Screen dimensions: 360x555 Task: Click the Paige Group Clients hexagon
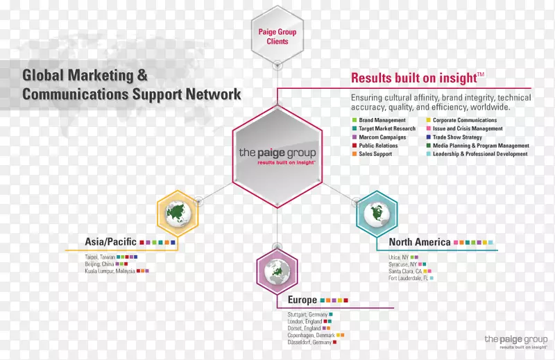pyautogui.click(x=277, y=36)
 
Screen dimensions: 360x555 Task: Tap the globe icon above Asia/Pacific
pyautogui.click(x=178, y=212)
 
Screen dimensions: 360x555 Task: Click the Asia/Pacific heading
pyautogui.click(x=111, y=242)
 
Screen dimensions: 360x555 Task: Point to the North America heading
pyautogui.click(x=420, y=242)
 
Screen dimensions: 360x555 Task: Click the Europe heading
pyautogui.click(x=302, y=300)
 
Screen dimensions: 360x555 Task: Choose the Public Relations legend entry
pyautogui.click(x=379, y=146)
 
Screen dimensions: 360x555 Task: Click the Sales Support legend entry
pyautogui.click(x=375, y=154)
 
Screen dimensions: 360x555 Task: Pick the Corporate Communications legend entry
pyautogui.click(x=464, y=121)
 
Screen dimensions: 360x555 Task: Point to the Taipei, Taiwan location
pyautogui.click(x=96, y=257)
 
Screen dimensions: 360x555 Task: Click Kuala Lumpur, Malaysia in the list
pyautogui.click(x=105, y=271)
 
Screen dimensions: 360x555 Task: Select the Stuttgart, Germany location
pyautogui.click(x=307, y=315)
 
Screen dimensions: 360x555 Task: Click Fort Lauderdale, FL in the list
pyautogui.click(x=408, y=278)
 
